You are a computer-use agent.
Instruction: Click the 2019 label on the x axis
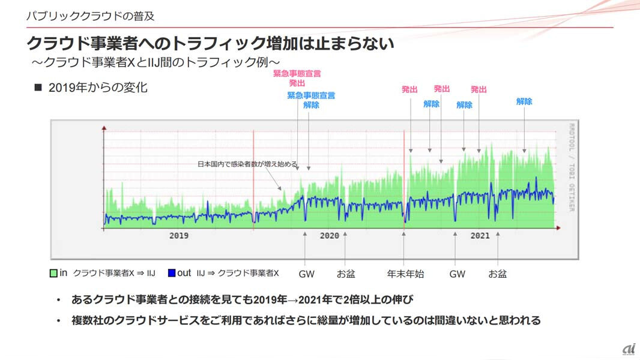point(179,236)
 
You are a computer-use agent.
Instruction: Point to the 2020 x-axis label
point(329,236)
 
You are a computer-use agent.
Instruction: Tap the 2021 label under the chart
point(480,236)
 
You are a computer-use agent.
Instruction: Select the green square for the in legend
point(53,274)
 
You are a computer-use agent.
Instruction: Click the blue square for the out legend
point(172,274)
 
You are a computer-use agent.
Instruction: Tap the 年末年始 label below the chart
point(405,274)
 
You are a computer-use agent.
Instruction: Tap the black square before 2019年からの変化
point(38,88)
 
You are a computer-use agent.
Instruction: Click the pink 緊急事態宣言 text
point(297,74)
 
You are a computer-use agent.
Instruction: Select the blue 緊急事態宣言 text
point(311,95)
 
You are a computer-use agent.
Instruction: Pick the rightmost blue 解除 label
point(524,101)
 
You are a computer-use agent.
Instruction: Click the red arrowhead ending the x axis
point(558,227)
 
